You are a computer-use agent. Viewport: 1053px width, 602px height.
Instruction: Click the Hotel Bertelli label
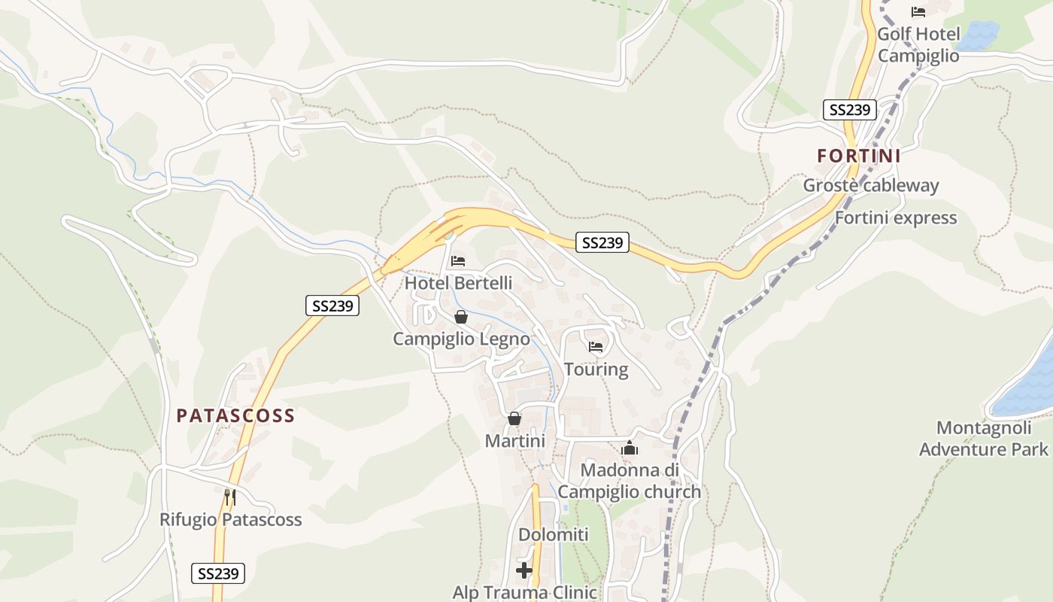(x=458, y=284)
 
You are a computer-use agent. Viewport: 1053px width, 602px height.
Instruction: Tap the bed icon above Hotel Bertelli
(x=458, y=261)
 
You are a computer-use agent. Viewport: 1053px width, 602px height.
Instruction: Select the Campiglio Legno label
(x=461, y=339)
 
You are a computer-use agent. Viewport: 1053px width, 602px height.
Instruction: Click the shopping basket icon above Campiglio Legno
(x=461, y=317)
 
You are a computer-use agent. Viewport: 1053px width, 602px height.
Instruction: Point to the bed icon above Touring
(x=596, y=347)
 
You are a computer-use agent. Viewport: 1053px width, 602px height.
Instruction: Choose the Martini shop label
(x=514, y=441)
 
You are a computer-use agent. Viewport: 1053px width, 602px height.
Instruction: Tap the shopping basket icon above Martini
(x=514, y=418)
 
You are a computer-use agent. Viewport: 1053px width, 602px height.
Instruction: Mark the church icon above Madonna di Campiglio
(x=630, y=448)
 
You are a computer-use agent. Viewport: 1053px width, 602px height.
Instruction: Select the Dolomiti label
(x=553, y=535)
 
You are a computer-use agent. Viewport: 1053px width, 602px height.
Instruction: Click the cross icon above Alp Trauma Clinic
(x=524, y=570)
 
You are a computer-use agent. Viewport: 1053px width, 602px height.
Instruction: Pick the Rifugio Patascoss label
(x=230, y=520)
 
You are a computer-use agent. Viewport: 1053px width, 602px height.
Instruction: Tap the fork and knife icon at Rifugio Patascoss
(x=230, y=497)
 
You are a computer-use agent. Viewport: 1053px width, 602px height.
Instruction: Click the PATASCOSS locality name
(x=235, y=415)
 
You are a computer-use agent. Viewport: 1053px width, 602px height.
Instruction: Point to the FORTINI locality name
(x=859, y=156)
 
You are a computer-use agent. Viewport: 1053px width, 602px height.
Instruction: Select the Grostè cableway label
(x=871, y=185)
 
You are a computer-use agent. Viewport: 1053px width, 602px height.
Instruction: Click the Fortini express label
(x=896, y=218)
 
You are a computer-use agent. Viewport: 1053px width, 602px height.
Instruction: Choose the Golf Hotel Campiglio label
(x=918, y=45)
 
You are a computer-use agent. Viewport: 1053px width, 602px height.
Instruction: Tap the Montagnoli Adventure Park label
(x=983, y=439)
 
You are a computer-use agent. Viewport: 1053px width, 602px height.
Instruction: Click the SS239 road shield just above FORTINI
(x=850, y=110)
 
